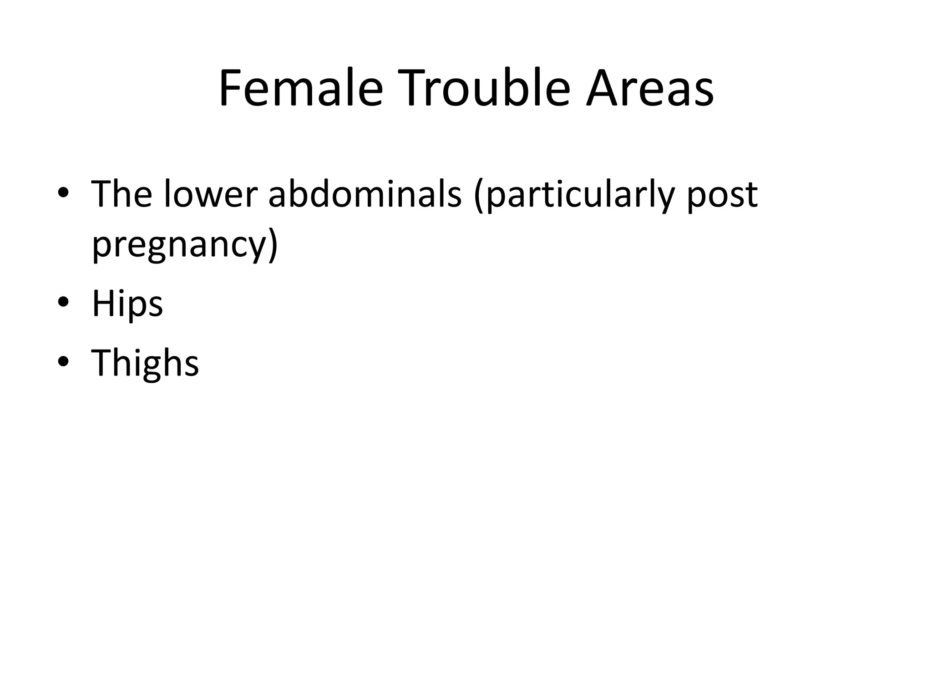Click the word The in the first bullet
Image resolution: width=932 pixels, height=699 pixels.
(x=122, y=194)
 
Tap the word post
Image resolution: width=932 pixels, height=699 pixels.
(x=722, y=197)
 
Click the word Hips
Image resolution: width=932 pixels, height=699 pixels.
(x=127, y=304)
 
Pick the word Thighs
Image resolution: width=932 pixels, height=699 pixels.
(x=145, y=363)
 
